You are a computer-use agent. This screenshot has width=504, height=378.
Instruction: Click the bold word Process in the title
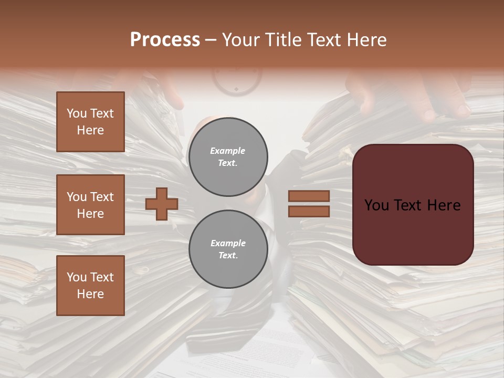(165, 40)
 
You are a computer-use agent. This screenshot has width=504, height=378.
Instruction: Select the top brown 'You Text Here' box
(90, 122)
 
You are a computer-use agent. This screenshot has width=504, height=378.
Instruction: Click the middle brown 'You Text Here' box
(90, 205)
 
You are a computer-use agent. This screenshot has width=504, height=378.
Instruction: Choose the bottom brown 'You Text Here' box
(90, 285)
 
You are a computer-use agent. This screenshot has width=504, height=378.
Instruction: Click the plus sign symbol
(162, 204)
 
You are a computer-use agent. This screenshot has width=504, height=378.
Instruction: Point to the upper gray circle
(228, 156)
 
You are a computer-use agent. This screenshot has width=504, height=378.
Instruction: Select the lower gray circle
(228, 249)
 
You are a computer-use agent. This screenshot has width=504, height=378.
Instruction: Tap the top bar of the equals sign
(309, 196)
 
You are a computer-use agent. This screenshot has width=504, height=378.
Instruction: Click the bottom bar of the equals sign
(309, 211)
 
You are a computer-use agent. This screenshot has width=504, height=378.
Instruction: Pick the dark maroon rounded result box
(413, 204)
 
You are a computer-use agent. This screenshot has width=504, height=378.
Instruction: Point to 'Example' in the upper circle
(228, 151)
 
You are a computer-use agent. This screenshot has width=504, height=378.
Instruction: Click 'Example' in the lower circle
(228, 244)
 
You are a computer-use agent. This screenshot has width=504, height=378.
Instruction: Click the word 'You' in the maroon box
(376, 205)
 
